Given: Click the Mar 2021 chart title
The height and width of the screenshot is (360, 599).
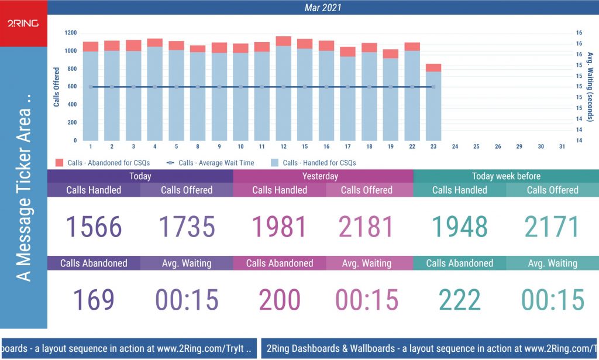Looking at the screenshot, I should click(323, 8).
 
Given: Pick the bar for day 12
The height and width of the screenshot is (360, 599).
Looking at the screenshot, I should click(283, 91).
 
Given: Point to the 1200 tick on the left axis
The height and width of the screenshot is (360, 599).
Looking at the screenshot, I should click(71, 33).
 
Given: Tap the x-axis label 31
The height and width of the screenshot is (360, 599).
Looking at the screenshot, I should click(562, 146).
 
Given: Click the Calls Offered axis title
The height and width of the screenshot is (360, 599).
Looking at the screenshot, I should click(57, 87).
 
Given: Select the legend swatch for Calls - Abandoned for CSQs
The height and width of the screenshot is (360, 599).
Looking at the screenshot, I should click(59, 163).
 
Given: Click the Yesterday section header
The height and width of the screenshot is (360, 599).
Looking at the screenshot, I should click(320, 176).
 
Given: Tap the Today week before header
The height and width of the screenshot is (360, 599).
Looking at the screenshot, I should click(506, 176).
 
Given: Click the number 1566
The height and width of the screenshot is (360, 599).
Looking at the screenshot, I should click(94, 227).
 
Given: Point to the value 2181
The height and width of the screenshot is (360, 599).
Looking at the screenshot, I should click(366, 227).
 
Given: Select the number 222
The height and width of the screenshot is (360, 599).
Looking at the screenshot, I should click(460, 300).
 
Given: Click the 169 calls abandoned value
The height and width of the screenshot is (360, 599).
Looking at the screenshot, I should click(94, 300).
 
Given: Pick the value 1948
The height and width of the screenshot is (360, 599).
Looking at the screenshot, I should click(460, 227).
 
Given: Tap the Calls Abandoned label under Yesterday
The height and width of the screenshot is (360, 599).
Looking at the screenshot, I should click(279, 263).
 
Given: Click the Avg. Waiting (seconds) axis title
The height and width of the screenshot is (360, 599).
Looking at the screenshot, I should click(590, 87).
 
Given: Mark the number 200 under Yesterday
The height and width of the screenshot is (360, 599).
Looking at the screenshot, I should click(279, 300).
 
